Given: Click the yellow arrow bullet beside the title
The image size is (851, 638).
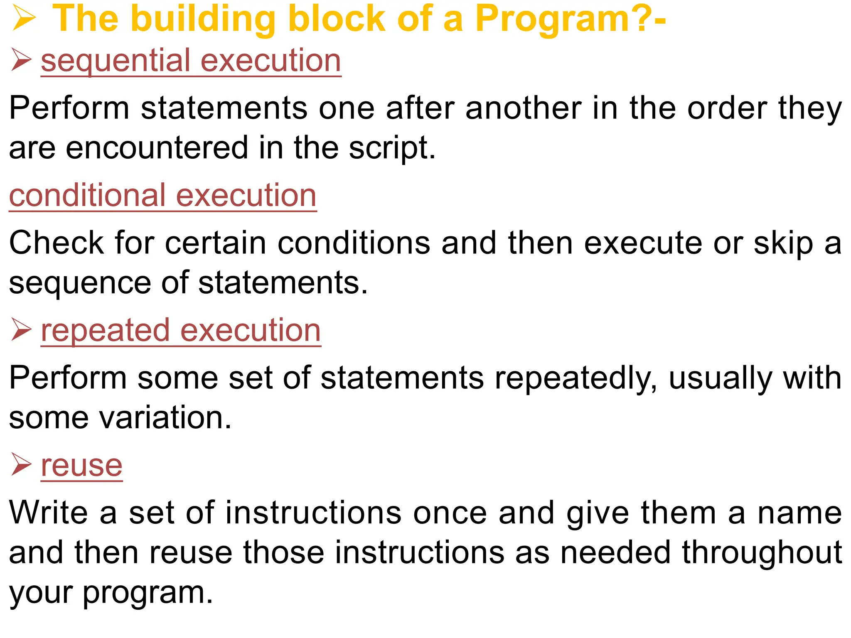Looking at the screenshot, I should coord(24,19).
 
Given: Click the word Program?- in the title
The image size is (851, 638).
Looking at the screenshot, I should coord(570,19).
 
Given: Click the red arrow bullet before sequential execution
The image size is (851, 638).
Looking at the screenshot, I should coord(21,59).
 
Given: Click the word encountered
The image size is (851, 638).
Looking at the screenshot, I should coord(157,148).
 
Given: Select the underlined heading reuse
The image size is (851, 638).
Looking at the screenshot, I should coord(82,466).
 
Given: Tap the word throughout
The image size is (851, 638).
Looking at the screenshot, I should coord(762,553).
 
